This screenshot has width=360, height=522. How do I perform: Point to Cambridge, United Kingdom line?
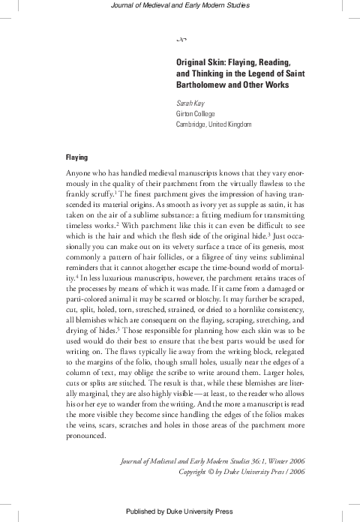(x=213, y=124)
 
